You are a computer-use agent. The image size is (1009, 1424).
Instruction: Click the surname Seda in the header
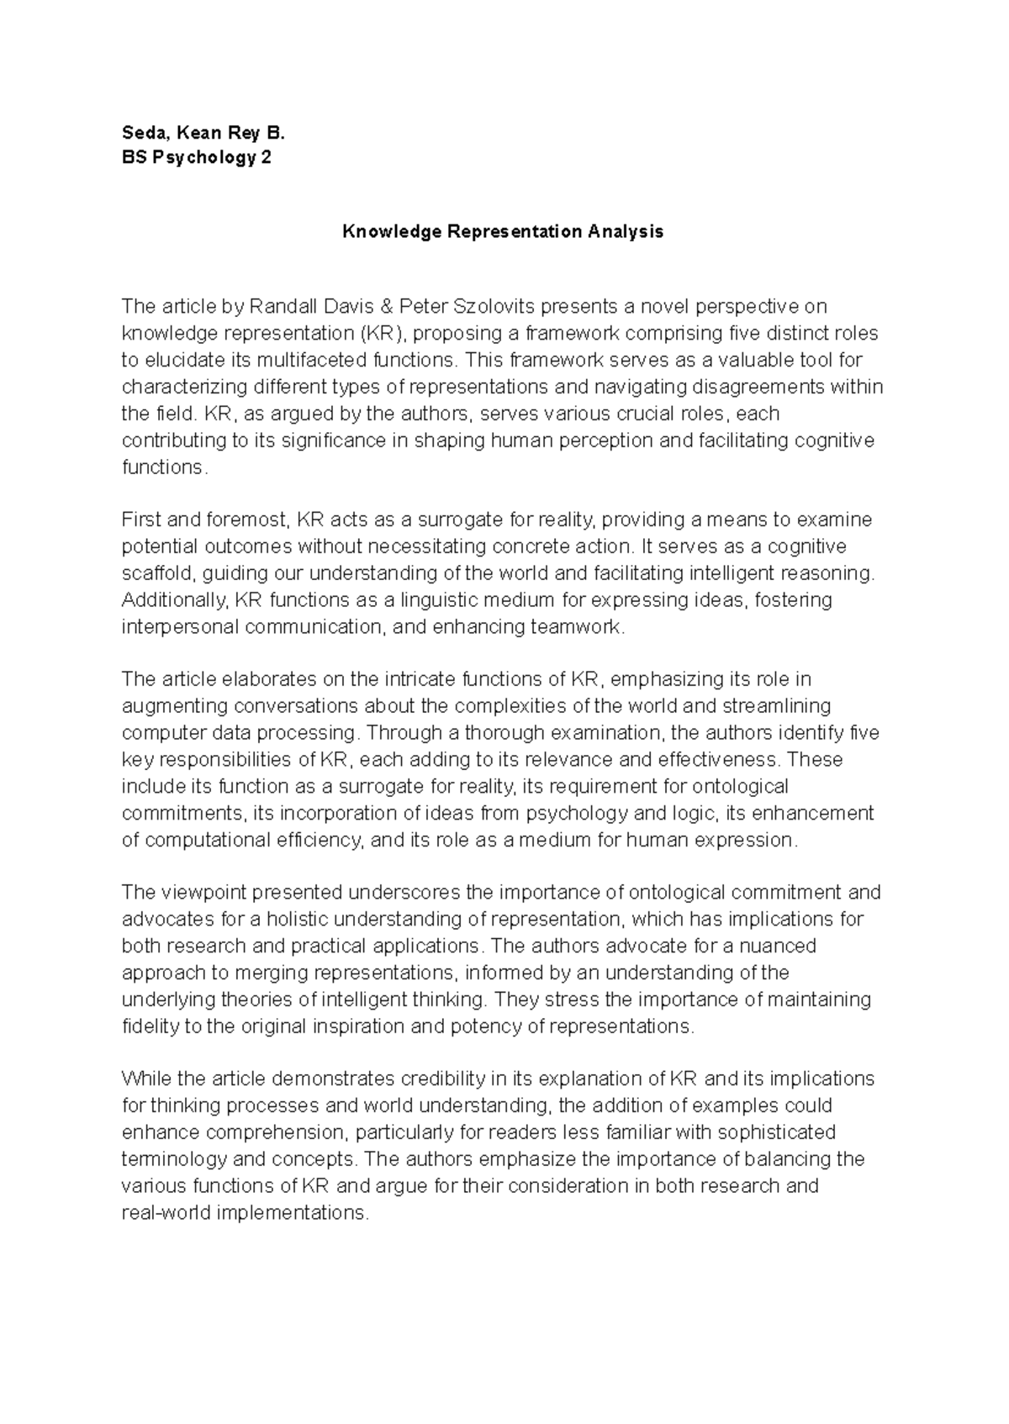click(141, 132)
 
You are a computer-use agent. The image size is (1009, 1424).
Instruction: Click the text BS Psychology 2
click(196, 158)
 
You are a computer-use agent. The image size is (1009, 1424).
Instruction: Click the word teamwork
click(576, 627)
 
